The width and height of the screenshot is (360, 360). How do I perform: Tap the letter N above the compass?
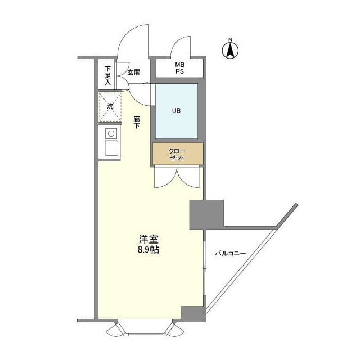tap(230, 39)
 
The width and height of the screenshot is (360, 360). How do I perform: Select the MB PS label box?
tap(179, 68)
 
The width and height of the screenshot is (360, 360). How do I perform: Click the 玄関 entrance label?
tap(133, 73)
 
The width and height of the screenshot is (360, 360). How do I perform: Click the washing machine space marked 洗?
tap(110, 106)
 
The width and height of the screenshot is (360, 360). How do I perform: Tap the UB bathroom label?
tap(177, 110)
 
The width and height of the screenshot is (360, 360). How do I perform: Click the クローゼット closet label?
tap(177, 154)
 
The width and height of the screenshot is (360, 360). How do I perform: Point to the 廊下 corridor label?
tap(137, 122)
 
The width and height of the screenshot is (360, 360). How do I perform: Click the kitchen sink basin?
tap(110, 148)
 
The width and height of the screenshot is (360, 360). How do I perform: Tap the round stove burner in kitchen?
tap(111, 133)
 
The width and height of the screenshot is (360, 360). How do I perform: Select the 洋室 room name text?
tap(145, 238)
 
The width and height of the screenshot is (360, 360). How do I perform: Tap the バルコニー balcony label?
tap(230, 254)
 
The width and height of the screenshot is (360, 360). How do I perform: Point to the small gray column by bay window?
tap(193, 313)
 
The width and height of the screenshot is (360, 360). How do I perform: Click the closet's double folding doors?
tap(177, 177)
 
